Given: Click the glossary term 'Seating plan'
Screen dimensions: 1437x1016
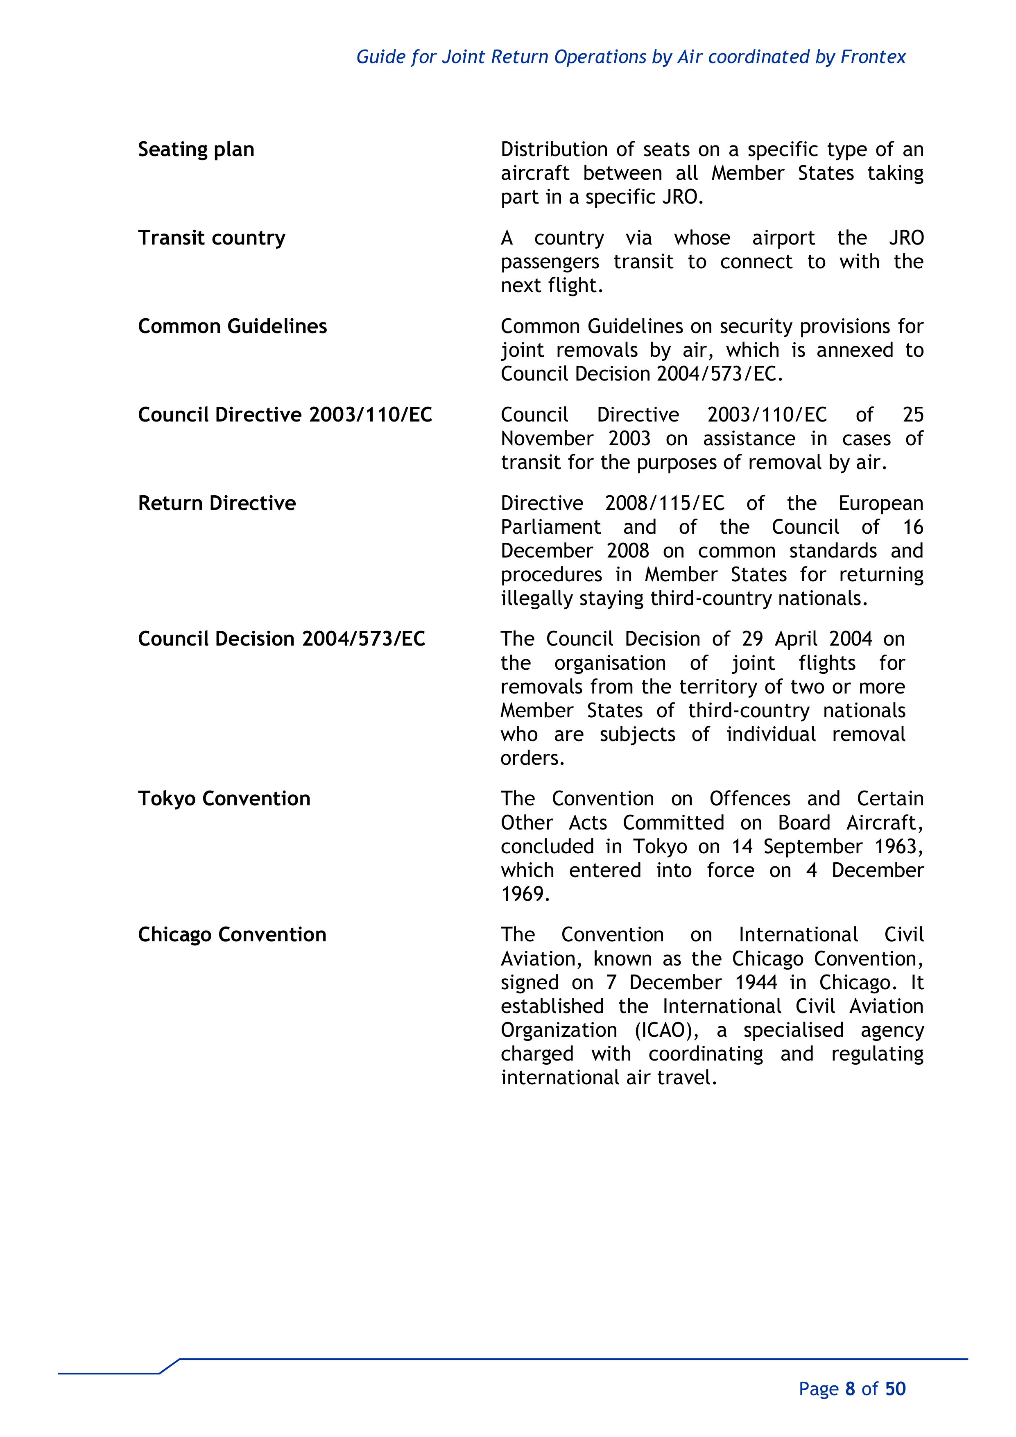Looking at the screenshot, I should [x=196, y=150].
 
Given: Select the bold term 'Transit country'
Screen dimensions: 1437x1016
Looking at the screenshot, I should [x=211, y=238].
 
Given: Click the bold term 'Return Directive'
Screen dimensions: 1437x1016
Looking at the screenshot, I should [x=217, y=503].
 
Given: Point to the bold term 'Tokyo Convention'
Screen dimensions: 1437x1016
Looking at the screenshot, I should [x=224, y=799].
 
